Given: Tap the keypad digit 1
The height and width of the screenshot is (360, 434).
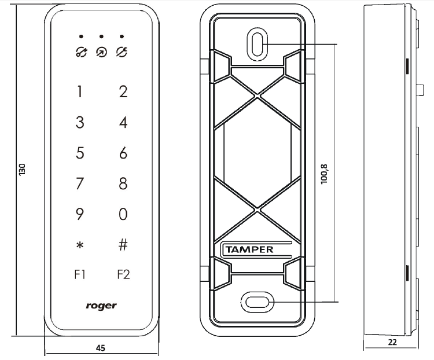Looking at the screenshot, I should [80, 92].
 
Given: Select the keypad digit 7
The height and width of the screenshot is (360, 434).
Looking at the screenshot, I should [80, 184].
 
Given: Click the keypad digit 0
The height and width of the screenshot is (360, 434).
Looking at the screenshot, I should [123, 215].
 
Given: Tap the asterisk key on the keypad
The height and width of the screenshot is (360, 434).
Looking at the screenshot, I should [80, 246].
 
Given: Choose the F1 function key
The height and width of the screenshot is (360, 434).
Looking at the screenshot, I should [80, 274].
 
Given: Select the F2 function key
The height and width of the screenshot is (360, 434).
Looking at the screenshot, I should [123, 274].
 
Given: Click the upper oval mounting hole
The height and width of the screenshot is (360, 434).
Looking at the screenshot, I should [258, 43].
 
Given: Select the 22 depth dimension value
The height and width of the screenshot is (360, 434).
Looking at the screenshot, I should [392, 343].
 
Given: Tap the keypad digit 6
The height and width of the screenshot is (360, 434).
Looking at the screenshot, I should [123, 153].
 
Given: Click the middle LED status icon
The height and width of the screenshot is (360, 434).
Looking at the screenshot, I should [101, 52].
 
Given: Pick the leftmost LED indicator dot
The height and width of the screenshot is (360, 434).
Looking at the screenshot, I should [80, 36].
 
